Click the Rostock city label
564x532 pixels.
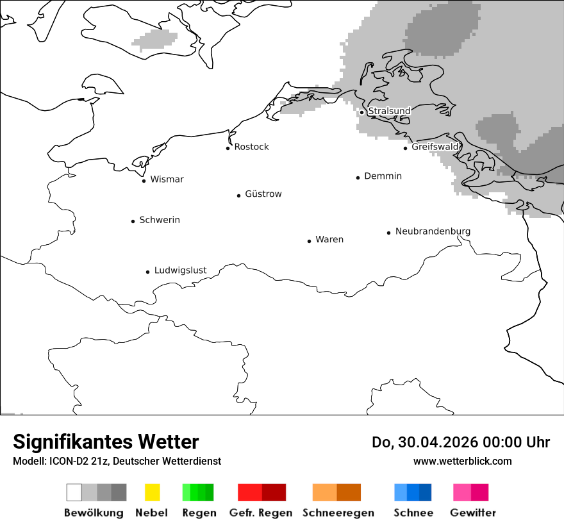(251, 147)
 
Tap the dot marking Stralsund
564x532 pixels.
(362, 112)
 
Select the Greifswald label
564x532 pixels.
(435, 147)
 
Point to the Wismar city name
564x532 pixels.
(167, 179)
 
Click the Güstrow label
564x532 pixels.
(263, 194)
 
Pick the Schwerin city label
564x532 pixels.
(160, 220)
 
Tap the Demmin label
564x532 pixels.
(383, 176)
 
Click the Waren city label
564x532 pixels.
(329, 240)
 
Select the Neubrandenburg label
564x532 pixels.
(433, 231)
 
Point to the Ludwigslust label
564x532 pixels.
(180, 270)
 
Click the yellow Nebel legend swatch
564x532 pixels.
(153, 492)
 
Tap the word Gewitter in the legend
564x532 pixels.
(473, 513)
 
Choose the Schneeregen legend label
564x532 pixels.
(338, 513)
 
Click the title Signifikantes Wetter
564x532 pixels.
(106, 442)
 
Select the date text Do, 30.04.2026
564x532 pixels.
(426, 442)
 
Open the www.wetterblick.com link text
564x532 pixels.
(462, 461)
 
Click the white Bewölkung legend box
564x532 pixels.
(74, 492)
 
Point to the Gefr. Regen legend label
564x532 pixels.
(260, 513)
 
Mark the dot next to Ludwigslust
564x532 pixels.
(147, 272)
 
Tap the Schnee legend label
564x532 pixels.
(413, 513)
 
